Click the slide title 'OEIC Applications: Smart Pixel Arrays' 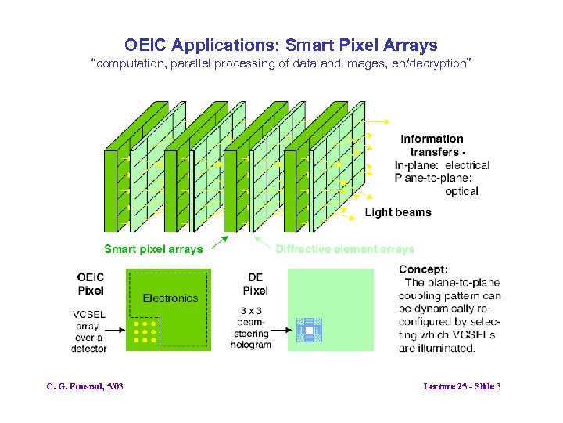pyautogui.click(x=281, y=45)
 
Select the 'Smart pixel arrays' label pyautogui.click(x=153, y=249)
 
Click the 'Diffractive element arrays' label pyautogui.click(x=344, y=249)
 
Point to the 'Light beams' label pyautogui.click(x=398, y=212)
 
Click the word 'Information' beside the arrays pyautogui.click(x=432, y=139)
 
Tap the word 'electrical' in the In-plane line pyautogui.click(x=467, y=165)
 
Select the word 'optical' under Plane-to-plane pyautogui.click(x=461, y=191)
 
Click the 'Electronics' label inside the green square pyautogui.click(x=170, y=298)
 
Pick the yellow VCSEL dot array pyautogui.click(x=145, y=331)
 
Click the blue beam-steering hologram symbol pyautogui.click(x=308, y=332)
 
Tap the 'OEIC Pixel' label pyautogui.click(x=91, y=284)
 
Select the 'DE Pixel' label pyautogui.click(x=255, y=284)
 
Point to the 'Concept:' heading pyautogui.click(x=423, y=269)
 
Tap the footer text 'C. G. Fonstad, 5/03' pyautogui.click(x=85, y=387)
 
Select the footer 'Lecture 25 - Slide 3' pyautogui.click(x=461, y=387)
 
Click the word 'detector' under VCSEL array pyautogui.click(x=88, y=349)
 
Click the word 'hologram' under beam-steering pyautogui.click(x=251, y=345)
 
